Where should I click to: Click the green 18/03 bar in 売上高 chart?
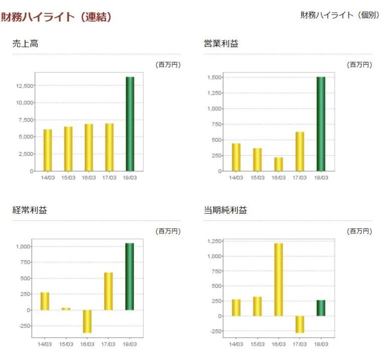tap(130, 124)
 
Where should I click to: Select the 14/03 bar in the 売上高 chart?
tap(48, 150)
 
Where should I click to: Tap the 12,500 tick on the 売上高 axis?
tap(25, 86)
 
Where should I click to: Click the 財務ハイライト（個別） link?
tap(339, 15)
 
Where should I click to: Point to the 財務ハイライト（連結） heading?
tap(56, 17)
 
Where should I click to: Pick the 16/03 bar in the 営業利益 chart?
tap(278, 164)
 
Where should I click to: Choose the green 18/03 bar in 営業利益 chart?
tap(321, 124)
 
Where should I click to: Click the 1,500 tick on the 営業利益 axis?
tap(214, 78)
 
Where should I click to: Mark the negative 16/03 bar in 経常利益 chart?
tap(87, 321)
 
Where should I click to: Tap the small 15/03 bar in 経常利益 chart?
tap(66, 309)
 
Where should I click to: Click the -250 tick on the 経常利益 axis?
tap(23, 326)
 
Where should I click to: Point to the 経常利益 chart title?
tap(30, 210)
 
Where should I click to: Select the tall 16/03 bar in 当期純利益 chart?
tap(278, 279)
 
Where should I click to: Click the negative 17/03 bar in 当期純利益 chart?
tap(300, 324)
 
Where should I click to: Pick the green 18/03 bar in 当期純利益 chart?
tap(321, 308)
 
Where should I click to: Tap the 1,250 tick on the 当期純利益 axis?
tap(214, 241)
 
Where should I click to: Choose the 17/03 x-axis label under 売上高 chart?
tap(109, 177)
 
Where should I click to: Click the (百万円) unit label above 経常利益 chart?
tap(168, 231)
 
